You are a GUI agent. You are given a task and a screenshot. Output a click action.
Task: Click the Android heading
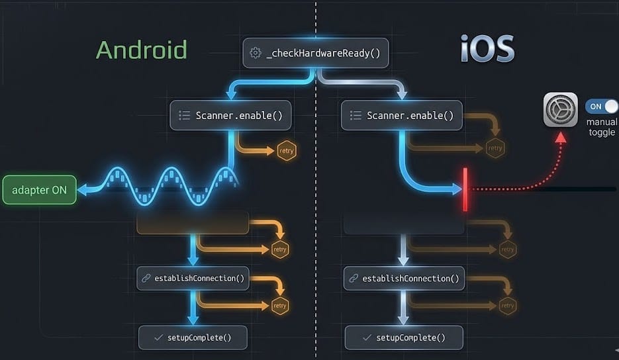pos(141,50)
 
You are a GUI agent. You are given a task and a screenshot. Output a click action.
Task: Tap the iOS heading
pos(487,48)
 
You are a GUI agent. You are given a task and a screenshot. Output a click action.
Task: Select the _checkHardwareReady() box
pos(316,53)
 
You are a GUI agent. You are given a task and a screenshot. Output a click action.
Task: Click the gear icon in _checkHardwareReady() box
pos(256,53)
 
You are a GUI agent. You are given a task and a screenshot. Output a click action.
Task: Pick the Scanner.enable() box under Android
pos(231,115)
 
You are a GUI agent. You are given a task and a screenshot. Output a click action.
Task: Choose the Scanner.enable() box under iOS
pos(402,115)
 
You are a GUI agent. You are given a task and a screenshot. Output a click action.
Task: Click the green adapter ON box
pos(40,190)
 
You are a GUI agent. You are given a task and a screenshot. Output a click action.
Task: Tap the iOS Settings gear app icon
pos(560,109)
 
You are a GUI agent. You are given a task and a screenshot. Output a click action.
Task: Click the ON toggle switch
pos(601,107)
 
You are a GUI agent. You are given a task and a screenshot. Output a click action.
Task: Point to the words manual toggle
pos(602,127)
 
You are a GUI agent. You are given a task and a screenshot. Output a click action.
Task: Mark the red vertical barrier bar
pos(465,190)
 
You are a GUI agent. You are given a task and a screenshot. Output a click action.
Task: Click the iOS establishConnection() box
pos(404,278)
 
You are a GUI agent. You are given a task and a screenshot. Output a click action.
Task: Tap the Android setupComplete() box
pos(192,337)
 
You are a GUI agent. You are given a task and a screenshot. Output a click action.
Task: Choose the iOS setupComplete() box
pos(404,337)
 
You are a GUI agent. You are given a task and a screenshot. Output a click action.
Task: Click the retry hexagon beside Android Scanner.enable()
pos(287,151)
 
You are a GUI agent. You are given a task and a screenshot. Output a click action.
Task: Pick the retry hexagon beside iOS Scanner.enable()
pos(495,148)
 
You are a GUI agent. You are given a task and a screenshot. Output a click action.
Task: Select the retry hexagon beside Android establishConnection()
pos(279,306)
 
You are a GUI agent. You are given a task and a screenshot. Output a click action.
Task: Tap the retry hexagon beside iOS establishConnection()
pos(507,306)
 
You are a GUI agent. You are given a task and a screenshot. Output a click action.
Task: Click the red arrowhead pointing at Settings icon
pos(560,137)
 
